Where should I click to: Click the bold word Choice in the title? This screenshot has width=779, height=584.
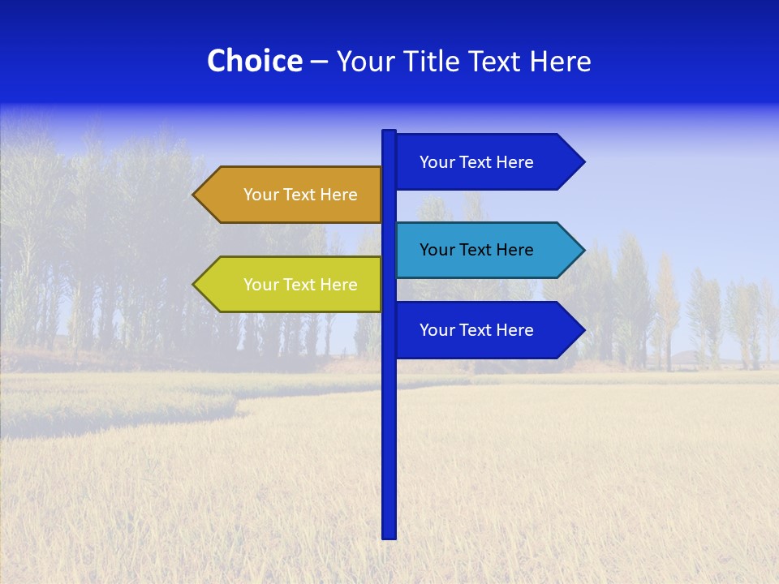tap(254, 62)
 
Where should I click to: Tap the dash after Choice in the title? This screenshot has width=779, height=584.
tap(319, 62)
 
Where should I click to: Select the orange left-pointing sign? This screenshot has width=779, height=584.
tap(292, 195)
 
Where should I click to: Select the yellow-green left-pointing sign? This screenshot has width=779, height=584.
tap(292, 285)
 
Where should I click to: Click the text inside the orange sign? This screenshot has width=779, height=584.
tap(300, 195)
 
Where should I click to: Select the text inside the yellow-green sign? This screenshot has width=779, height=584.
tap(300, 285)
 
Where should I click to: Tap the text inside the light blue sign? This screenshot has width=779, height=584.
tap(476, 250)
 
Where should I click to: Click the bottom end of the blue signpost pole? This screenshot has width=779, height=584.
tap(389, 535)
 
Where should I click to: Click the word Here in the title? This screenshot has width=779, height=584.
tap(560, 62)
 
